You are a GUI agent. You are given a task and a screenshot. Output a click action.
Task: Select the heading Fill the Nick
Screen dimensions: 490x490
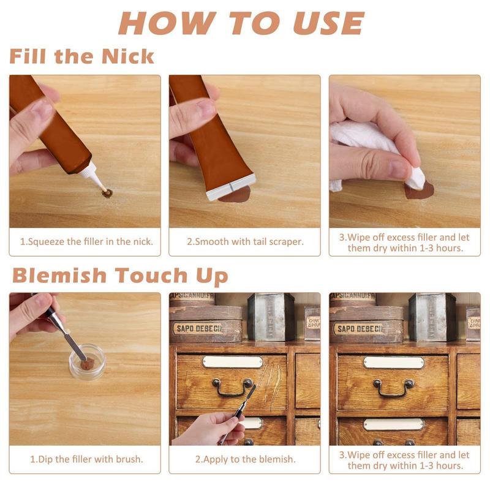tap(81, 56)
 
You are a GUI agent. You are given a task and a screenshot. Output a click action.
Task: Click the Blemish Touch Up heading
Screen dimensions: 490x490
tap(120, 276)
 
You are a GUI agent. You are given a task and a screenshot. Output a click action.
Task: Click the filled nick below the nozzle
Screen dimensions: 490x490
tap(108, 193)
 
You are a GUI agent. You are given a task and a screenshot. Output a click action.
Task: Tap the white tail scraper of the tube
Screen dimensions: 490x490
tap(230, 185)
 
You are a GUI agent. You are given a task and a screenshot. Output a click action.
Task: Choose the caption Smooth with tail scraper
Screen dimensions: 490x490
tap(245, 241)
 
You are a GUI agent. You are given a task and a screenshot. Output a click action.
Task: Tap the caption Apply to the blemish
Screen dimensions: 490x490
tap(245, 458)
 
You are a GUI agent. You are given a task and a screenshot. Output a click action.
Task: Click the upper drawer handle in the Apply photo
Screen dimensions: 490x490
tap(232, 386)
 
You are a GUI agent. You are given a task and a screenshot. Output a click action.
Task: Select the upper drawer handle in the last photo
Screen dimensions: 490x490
tap(393, 387)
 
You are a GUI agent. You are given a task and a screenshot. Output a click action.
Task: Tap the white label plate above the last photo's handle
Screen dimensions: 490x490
tap(393, 363)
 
